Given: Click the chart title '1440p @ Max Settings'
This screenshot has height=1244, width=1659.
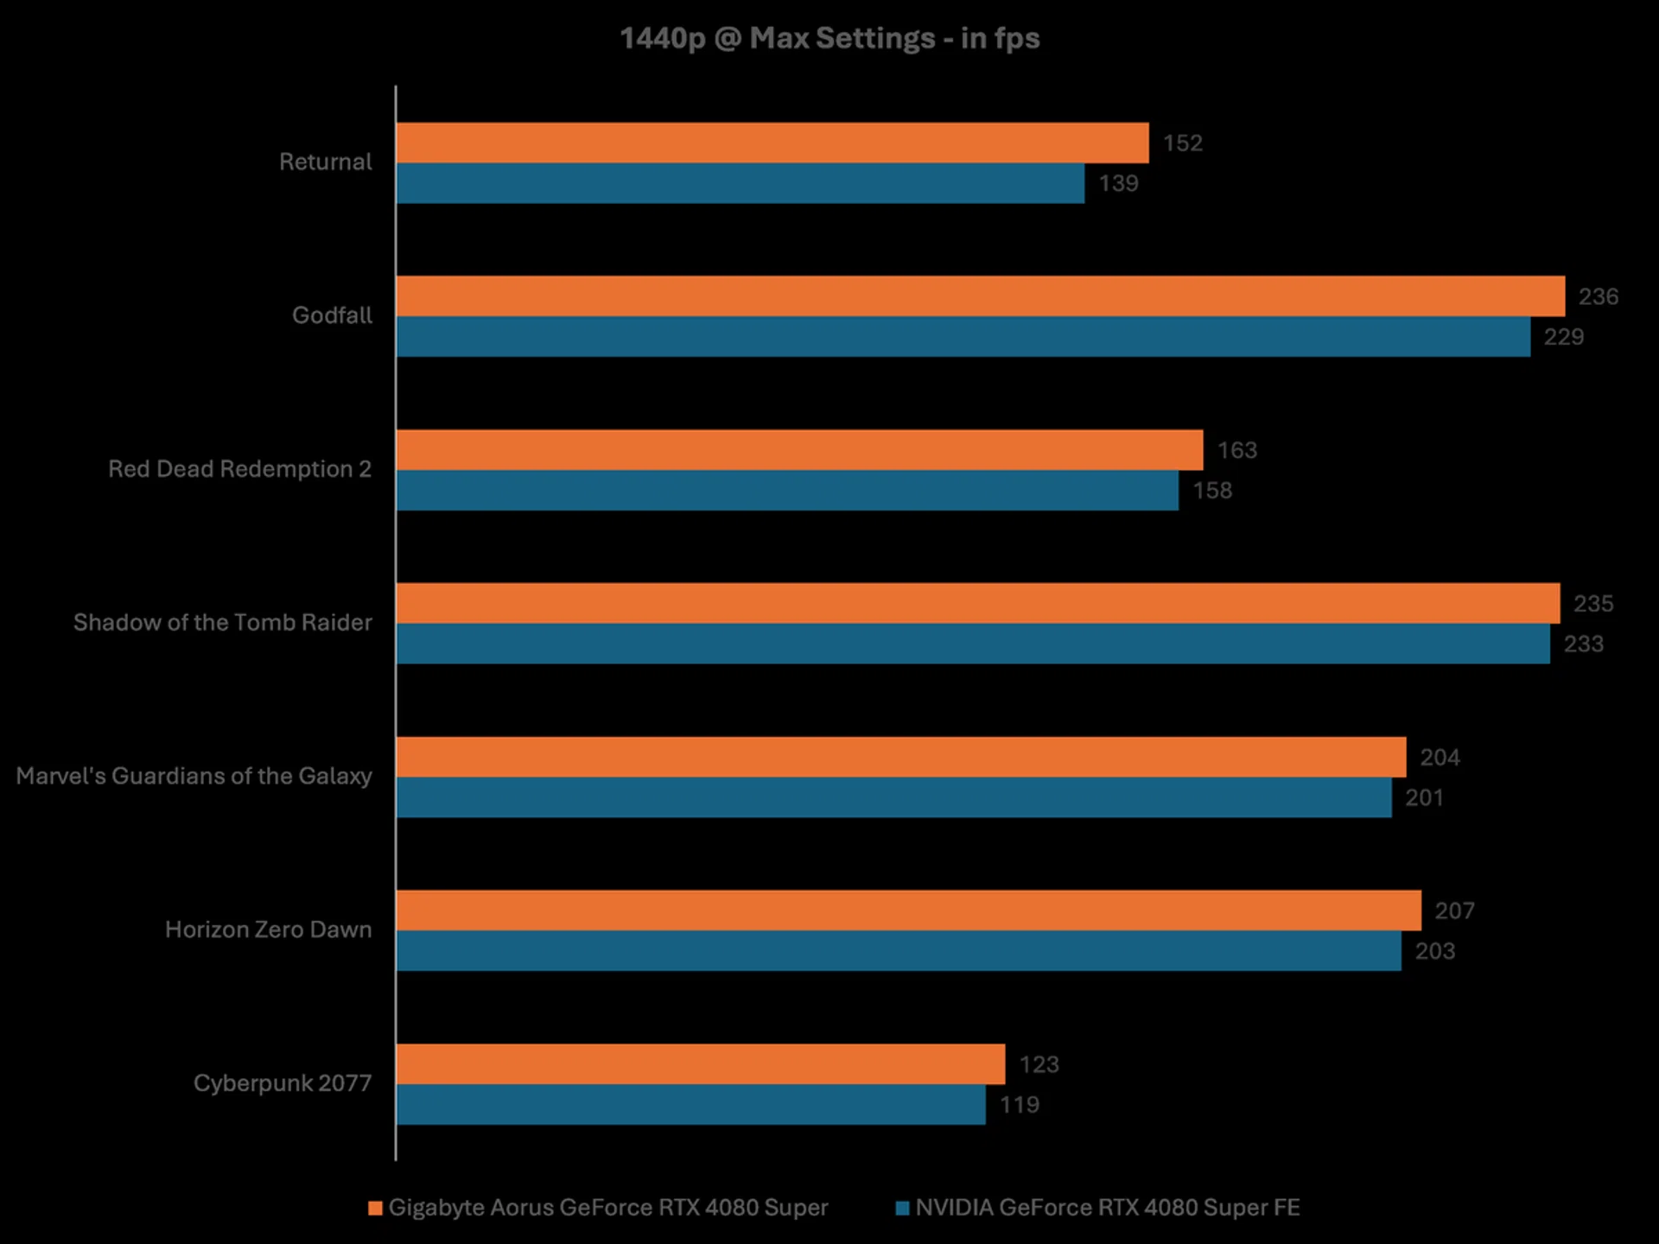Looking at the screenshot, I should (829, 38).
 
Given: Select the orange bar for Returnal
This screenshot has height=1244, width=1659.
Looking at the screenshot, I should (772, 143).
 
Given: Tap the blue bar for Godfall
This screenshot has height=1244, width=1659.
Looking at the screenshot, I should (963, 337).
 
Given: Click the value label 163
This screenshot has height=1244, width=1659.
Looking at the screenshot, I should (1236, 450).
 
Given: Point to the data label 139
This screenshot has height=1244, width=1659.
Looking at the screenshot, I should (1118, 183).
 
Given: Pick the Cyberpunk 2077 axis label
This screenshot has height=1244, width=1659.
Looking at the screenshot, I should (283, 1083).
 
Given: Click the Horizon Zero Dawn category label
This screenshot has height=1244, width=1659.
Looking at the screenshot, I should (269, 930).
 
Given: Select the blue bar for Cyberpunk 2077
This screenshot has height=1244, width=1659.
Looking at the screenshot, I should (690, 1105).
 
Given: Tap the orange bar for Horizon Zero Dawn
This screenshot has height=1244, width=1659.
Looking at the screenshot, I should (908, 911).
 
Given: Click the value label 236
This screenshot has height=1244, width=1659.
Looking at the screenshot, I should (1598, 296).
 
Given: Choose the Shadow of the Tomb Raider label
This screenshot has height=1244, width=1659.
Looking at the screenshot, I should (223, 623).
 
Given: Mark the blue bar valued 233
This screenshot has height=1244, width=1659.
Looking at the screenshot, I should (973, 644).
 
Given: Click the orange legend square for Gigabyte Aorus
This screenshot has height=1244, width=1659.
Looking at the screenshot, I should (375, 1208).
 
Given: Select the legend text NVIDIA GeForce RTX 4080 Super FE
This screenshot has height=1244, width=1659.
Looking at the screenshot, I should (1107, 1208).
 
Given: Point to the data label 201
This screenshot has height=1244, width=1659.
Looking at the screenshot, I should (1424, 797).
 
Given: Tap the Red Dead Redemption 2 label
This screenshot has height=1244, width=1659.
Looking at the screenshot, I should (239, 469).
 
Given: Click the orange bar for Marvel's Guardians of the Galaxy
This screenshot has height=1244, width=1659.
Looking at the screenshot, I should (900, 757).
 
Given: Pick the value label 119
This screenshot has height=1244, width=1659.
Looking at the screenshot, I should (1019, 1105).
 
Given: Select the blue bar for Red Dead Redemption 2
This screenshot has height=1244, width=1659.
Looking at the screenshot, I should (786, 491).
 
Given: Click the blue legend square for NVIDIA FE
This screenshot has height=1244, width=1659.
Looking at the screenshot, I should (903, 1208).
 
